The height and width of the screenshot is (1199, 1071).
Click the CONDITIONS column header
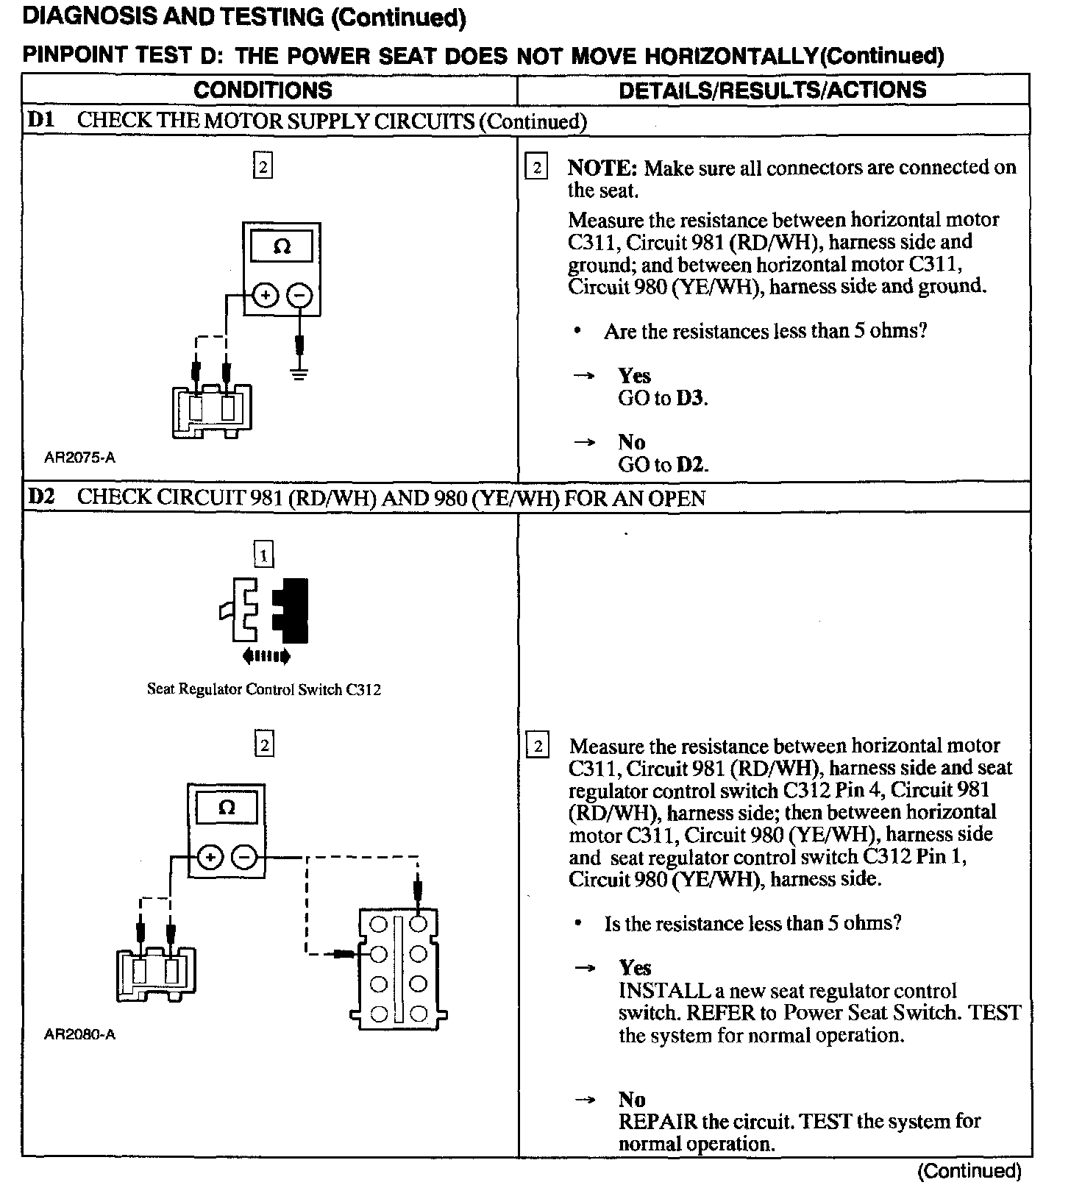click(x=263, y=90)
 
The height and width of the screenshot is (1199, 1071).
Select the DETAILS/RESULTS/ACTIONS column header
click(x=772, y=90)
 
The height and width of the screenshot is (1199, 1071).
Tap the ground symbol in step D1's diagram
click(x=299, y=374)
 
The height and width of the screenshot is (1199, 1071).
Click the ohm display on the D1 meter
click(x=282, y=246)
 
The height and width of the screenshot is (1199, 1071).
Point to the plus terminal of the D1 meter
click(x=266, y=296)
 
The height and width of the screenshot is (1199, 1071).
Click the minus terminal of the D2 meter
click(x=244, y=857)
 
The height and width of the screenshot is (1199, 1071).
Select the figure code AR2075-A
click(x=80, y=458)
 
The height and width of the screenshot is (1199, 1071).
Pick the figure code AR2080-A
click(x=80, y=1035)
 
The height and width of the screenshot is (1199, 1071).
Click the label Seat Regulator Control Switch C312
click(x=264, y=690)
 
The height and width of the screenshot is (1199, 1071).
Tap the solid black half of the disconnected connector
click(x=291, y=611)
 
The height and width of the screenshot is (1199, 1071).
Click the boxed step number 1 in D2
click(x=263, y=554)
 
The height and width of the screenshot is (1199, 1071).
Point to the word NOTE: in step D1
click(x=602, y=168)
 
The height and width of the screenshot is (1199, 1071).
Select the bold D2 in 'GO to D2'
click(x=691, y=465)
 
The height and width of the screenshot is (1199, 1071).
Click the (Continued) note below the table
click(x=969, y=1171)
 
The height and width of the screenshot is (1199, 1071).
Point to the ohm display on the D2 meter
click(x=227, y=808)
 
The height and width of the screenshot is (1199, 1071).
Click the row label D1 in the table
click(x=41, y=120)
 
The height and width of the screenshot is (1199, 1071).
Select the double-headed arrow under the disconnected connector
click(x=266, y=655)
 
